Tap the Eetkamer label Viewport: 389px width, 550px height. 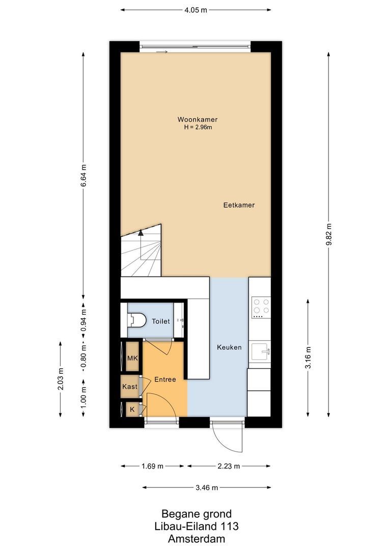(x=238, y=205)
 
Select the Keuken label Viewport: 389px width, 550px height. (x=229, y=347)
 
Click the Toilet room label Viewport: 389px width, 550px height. (x=160, y=321)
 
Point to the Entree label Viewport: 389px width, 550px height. (x=165, y=379)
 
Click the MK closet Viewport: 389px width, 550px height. (x=132, y=359)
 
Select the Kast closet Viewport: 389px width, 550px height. (x=130, y=387)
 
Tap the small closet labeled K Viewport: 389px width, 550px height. (x=132, y=409)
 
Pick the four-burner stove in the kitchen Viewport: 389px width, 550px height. (x=261, y=307)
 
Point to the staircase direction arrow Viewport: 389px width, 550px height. (x=141, y=234)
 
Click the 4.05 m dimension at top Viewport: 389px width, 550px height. (x=196, y=9)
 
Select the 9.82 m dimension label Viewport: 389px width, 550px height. (x=330, y=235)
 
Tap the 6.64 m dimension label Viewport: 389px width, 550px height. (x=84, y=176)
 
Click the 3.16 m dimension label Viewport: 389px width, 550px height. (x=309, y=358)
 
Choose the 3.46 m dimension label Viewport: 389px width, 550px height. (x=207, y=487)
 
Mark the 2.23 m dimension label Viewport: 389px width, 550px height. (x=229, y=465)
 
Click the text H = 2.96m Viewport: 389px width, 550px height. (x=198, y=127)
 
